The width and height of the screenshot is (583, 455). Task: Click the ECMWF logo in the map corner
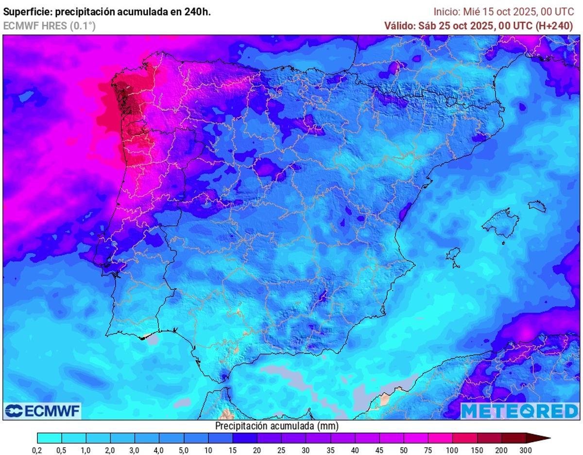(x=43, y=411)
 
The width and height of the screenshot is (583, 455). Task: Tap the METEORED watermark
(x=519, y=411)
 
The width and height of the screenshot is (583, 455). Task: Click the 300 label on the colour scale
(x=525, y=451)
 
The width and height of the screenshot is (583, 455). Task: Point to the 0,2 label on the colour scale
(x=37, y=451)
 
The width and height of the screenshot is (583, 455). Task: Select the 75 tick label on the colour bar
(x=428, y=451)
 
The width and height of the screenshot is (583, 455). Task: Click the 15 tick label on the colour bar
(x=232, y=451)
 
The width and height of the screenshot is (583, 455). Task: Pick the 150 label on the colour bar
(x=477, y=451)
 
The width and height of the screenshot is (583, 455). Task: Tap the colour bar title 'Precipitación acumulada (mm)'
(x=276, y=426)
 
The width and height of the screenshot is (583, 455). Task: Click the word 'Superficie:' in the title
(x=26, y=12)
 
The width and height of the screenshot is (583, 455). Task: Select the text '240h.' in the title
(x=198, y=12)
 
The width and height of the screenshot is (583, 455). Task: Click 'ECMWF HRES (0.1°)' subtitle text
(x=49, y=26)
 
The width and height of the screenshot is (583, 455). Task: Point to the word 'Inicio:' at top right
(x=446, y=12)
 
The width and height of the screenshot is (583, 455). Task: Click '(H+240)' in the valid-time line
(x=554, y=26)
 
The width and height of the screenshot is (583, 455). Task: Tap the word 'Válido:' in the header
(x=400, y=26)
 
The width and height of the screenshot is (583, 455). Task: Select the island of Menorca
(x=537, y=206)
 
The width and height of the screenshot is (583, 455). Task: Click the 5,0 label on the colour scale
(x=184, y=451)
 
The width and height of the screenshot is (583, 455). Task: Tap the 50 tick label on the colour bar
(x=404, y=451)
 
